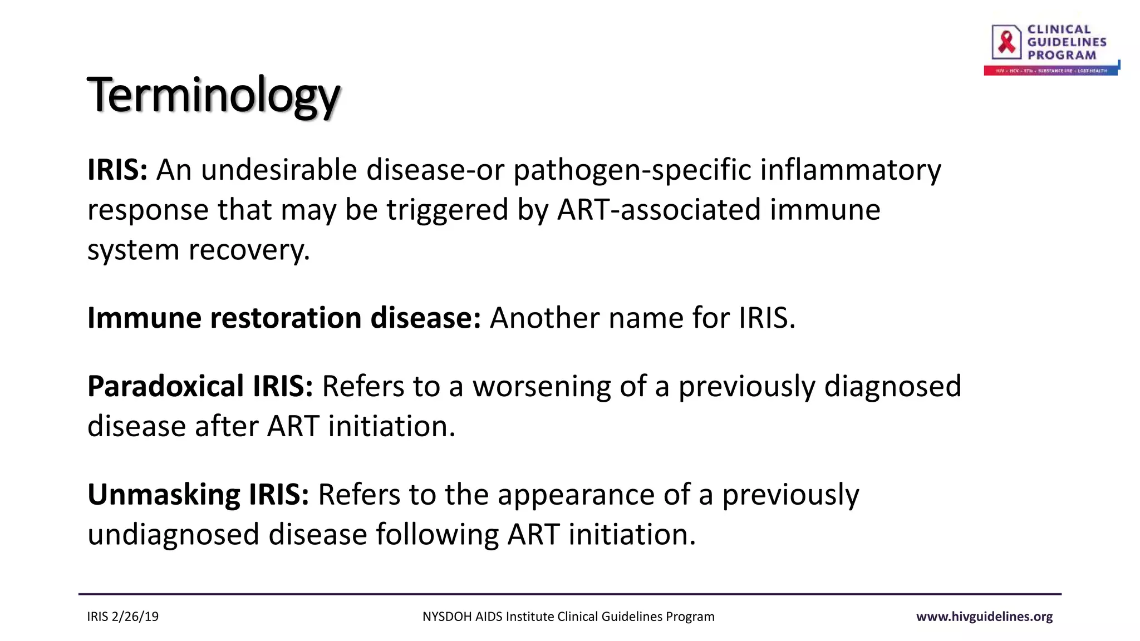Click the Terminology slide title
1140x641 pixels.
213,96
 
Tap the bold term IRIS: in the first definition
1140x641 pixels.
117,170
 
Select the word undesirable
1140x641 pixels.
278,170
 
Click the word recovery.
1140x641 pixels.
249,250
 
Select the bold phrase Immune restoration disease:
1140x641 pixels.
284,318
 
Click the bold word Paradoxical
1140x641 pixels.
165,387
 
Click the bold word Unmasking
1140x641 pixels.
164,495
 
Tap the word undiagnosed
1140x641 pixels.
173,535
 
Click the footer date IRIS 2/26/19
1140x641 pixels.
122,617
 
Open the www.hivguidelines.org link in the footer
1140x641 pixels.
984,617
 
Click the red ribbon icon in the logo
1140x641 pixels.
1006,42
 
